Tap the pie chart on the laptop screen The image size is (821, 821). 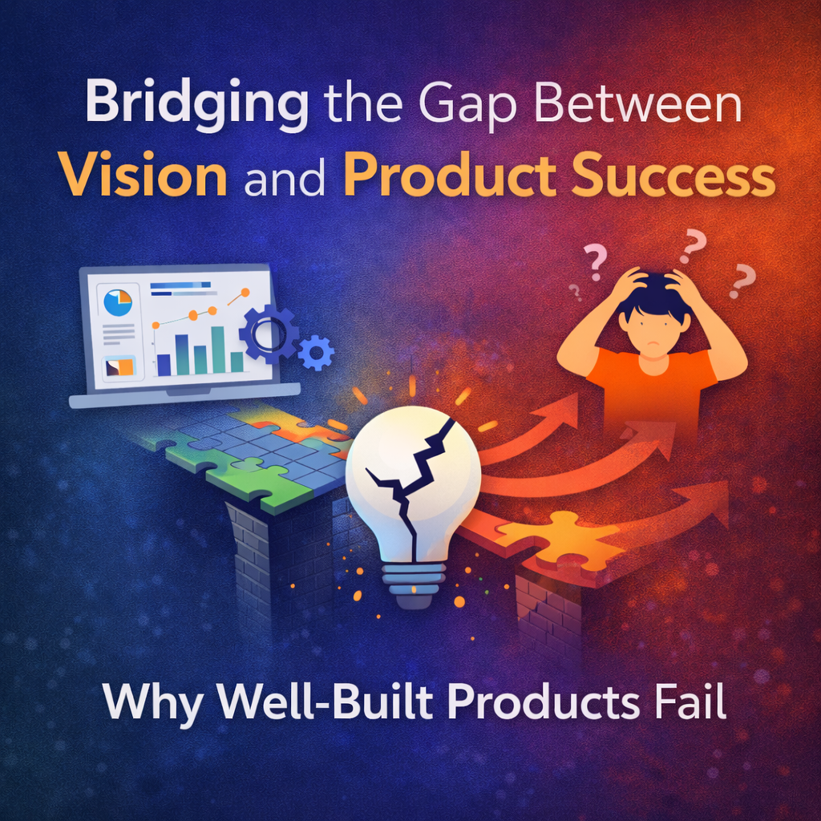tap(118, 303)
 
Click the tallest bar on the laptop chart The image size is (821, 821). tap(218, 350)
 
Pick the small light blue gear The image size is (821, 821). tap(316, 354)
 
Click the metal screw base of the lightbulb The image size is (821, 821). tap(414, 584)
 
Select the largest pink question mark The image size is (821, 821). tap(692, 247)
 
